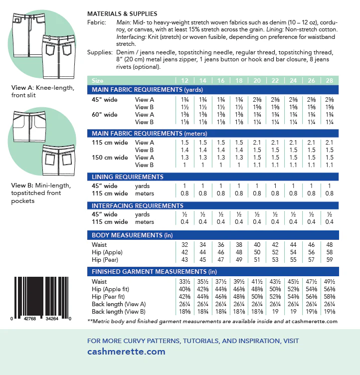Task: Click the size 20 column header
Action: click(257, 80)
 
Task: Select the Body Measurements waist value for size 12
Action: click(185, 245)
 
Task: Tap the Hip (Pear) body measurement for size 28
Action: click(329, 260)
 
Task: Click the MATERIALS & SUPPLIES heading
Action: click(122, 14)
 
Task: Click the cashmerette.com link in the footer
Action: click(126, 352)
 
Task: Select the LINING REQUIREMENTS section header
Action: click(128, 177)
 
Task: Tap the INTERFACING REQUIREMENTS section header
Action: click(138, 205)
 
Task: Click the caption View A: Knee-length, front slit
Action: click(43, 92)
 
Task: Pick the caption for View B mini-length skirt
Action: click(41, 193)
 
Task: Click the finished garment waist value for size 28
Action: click(329, 282)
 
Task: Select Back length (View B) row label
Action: click(119, 312)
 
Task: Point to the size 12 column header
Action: click(185, 80)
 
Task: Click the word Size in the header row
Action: click(98, 80)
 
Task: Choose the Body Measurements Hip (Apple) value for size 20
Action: click(257, 252)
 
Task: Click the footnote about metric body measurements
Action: click(212, 322)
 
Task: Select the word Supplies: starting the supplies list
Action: click(100, 52)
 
